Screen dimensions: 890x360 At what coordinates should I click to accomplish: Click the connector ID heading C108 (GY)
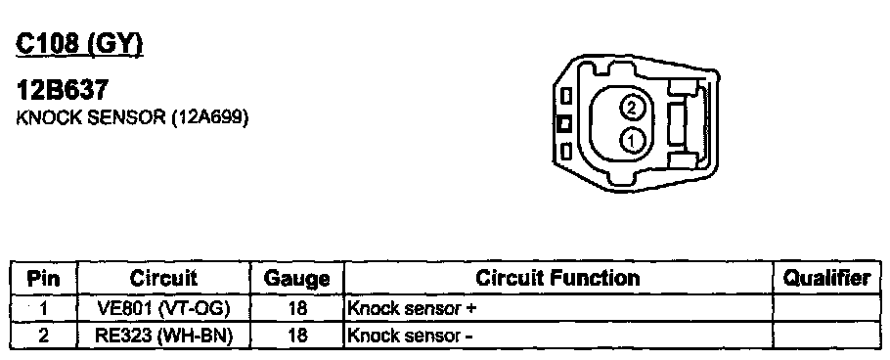[x=79, y=44]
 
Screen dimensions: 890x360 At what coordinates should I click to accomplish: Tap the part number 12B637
[x=62, y=90]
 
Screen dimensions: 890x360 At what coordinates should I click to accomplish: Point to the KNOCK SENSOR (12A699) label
[x=132, y=117]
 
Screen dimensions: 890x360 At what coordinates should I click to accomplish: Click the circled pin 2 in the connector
[x=632, y=107]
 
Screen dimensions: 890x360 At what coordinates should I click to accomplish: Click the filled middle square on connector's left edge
[x=563, y=124]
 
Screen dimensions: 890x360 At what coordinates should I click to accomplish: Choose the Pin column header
[x=43, y=279]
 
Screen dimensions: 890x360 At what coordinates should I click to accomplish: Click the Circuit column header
[x=163, y=278]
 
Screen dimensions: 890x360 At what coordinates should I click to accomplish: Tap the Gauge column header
[x=297, y=279]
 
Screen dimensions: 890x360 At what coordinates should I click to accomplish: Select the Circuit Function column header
[x=557, y=278]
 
